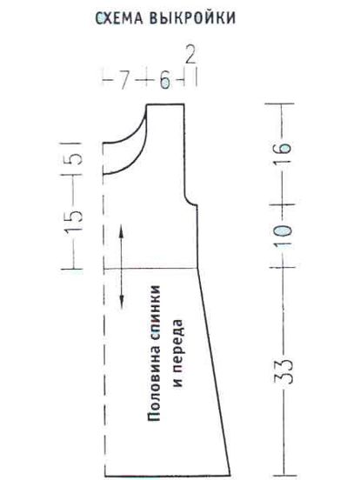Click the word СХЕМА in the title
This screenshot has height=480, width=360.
[119, 18]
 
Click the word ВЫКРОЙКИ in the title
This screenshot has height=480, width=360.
[193, 17]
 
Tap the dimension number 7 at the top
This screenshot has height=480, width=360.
[123, 81]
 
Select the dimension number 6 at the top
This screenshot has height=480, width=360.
[165, 81]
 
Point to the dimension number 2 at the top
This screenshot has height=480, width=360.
[190, 55]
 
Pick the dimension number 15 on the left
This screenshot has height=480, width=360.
[73, 220]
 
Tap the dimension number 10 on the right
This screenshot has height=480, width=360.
[283, 236]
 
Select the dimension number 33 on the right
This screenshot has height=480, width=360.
[283, 371]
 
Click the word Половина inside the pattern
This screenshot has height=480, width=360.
[154, 385]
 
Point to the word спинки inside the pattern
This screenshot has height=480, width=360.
[154, 315]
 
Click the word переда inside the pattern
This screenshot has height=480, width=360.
[178, 340]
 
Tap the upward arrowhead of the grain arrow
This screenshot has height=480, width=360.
[121, 230]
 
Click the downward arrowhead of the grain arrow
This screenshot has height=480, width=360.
[122, 302]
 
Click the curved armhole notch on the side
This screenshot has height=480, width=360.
[189, 201]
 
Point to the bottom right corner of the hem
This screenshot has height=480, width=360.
[230, 476]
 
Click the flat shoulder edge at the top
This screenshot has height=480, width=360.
[165, 104]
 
